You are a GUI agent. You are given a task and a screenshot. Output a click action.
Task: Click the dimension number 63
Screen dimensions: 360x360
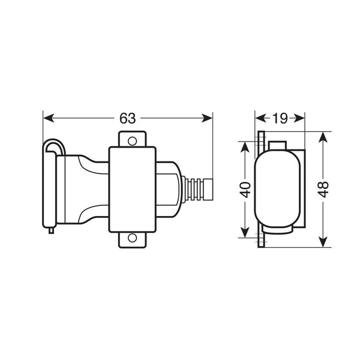coord(127,118)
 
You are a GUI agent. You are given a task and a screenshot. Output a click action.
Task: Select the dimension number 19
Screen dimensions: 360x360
coord(280,118)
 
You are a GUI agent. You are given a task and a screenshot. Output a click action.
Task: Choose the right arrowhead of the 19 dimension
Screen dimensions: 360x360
coord(302,118)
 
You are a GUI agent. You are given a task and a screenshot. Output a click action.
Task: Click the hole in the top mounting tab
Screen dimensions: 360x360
coord(132,140)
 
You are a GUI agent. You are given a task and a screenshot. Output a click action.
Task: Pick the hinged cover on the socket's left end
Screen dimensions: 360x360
coord(50,186)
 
